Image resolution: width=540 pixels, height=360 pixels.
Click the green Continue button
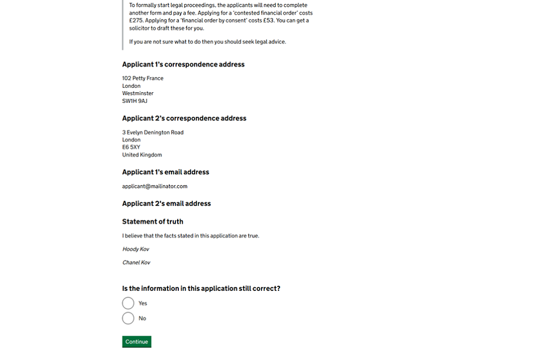pos(137,341)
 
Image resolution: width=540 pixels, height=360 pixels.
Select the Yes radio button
pos(128,303)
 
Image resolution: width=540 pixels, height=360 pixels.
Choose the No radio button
pos(128,318)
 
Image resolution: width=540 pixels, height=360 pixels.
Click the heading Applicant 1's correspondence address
pos(183,64)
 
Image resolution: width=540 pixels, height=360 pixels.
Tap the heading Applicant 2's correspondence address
pos(184,118)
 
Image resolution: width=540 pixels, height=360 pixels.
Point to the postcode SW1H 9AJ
pos(134,101)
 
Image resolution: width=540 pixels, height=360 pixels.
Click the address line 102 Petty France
pos(143,78)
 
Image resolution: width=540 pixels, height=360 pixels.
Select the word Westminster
pos(138,93)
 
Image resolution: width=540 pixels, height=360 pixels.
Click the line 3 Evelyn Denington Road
pos(153,132)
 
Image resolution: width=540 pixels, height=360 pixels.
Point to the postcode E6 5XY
pos(131,147)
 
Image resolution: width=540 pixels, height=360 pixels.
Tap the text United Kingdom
pos(142,155)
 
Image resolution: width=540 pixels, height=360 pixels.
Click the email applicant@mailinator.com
pos(155,186)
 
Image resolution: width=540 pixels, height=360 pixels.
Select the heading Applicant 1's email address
pos(165,172)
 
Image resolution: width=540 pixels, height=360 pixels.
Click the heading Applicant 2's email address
pos(166,204)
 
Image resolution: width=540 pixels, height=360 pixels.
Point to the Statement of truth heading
pos(152,222)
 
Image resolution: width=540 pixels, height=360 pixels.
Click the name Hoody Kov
pos(136,249)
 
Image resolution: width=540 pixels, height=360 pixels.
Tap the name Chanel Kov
pos(136,263)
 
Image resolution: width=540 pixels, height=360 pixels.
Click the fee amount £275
pos(137,20)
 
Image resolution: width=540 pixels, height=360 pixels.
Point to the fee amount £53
pos(268,20)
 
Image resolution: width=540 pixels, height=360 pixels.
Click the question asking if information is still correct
pos(201,289)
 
